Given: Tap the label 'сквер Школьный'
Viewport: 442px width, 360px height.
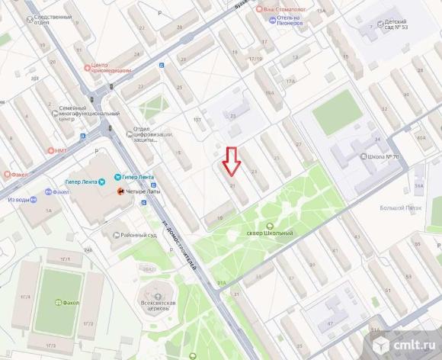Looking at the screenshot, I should point(265,233).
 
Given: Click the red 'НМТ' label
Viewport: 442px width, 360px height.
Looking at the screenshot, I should point(60,150).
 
